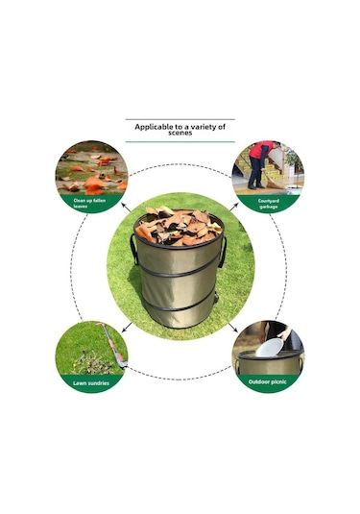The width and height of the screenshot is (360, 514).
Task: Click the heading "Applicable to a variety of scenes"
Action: pyautogui.click(x=180, y=129)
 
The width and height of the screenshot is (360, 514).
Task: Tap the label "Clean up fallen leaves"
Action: pyautogui.click(x=89, y=204)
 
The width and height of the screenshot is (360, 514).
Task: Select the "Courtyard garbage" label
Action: pyautogui.click(x=269, y=204)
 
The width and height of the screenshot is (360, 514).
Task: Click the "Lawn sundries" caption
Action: pyautogui.click(x=91, y=383)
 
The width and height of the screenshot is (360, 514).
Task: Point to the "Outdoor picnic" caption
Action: pyautogui.click(x=267, y=381)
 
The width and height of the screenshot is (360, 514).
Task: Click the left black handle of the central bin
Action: pyautogui.click(x=133, y=249)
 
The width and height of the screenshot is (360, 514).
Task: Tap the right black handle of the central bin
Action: pyautogui.click(x=223, y=252)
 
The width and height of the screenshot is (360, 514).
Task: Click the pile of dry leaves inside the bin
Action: pyautogui.click(x=179, y=226)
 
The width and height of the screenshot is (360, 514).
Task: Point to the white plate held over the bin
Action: pyautogui.click(x=270, y=348)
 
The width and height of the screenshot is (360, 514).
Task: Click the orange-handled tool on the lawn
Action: pyautogui.click(x=112, y=344)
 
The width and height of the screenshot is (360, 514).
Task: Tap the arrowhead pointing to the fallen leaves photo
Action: pyautogui.click(x=124, y=206)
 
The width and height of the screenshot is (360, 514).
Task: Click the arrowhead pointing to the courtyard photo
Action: pyautogui.click(x=236, y=206)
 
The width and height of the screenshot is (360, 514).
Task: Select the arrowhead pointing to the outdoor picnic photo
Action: pyautogui.click(x=236, y=330)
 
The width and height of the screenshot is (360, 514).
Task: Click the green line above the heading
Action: pyautogui.click(x=180, y=119)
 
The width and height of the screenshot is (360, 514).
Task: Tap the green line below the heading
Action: pyautogui.click(x=180, y=142)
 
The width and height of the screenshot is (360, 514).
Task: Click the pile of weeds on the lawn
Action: pyautogui.click(x=87, y=363)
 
